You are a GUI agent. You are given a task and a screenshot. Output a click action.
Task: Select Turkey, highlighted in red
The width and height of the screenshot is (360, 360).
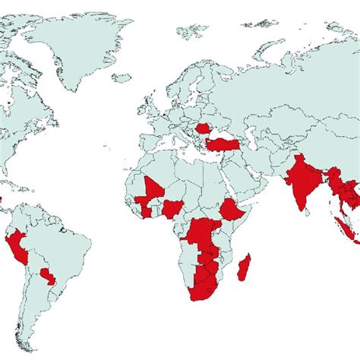click(225, 144)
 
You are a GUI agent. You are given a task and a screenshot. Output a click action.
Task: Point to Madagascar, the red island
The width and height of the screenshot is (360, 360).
click(245, 267)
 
